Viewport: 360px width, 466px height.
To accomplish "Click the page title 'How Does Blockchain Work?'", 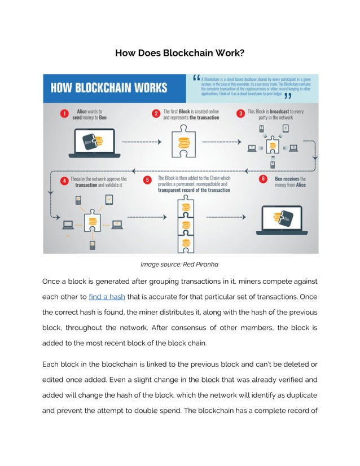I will coord(179,53).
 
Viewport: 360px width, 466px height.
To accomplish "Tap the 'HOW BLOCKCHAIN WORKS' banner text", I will coord(109,88).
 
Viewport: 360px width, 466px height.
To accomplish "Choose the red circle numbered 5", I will coord(147,181).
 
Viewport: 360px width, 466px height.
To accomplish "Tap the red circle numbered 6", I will coord(264,179).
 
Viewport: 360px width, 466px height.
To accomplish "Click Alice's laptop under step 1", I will coord(91,143).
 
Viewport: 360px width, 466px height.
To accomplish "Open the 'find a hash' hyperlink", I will coord(107,296).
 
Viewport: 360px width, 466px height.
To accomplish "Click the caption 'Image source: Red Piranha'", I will coord(179,264).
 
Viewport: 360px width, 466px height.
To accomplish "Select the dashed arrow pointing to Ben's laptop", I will coord(226,217).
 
